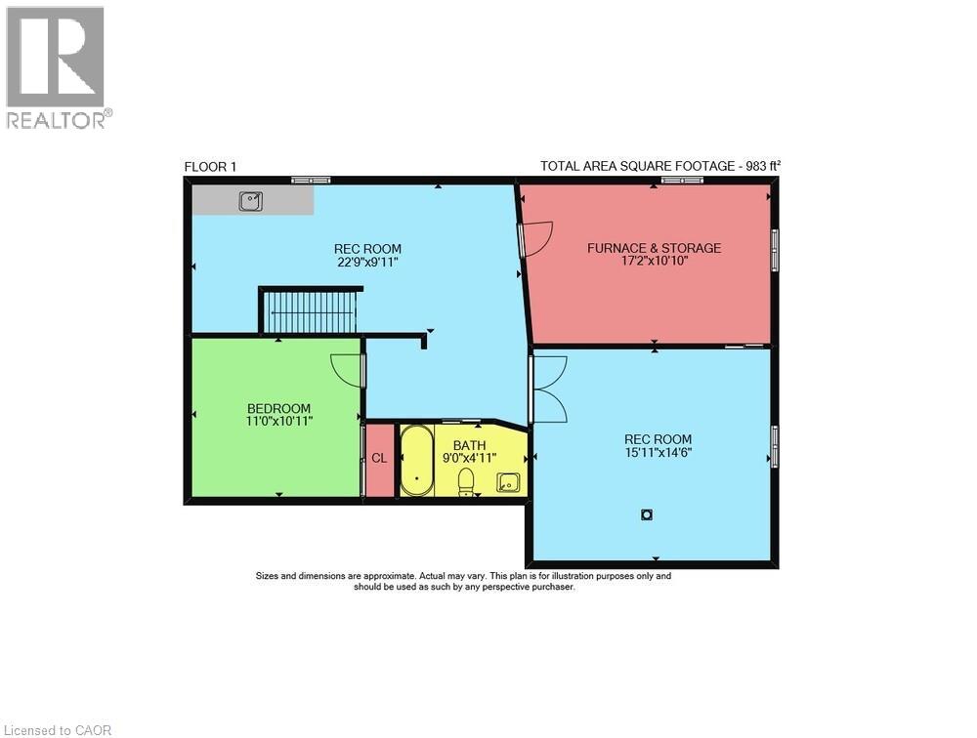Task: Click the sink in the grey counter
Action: [251, 200]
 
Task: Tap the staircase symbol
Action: [312, 311]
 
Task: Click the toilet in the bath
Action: [466, 481]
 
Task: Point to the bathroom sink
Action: [508, 480]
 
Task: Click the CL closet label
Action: [379, 458]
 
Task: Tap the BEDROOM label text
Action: [278, 408]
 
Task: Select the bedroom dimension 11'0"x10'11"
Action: [278, 421]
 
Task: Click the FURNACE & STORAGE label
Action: [654, 248]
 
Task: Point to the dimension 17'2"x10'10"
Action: [654, 261]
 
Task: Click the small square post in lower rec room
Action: [647, 514]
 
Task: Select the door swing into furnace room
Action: [536, 237]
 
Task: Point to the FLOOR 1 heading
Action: [210, 167]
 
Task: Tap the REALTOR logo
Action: [57, 67]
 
